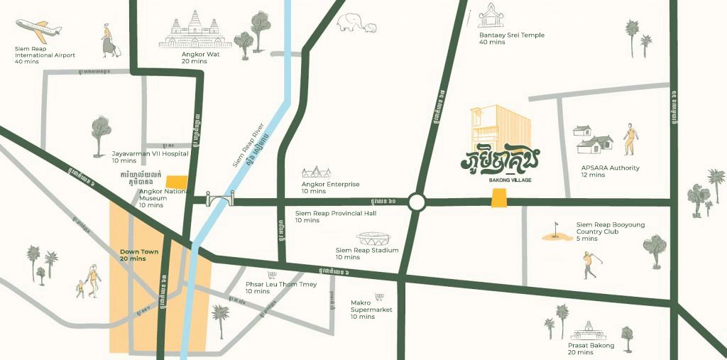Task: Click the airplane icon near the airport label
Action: click(x=40, y=30)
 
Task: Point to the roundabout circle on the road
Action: click(x=417, y=202)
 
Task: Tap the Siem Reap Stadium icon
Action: click(x=374, y=239)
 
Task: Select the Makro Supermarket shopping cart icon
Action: click(x=379, y=297)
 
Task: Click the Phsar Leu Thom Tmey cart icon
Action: click(x=270, y=275)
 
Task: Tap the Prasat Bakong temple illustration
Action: click(x=589, y=331)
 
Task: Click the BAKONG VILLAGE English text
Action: click(x=510, y=180)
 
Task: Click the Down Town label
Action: click(x=133, y=255)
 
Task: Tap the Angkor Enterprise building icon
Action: click(x=317, y=173)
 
